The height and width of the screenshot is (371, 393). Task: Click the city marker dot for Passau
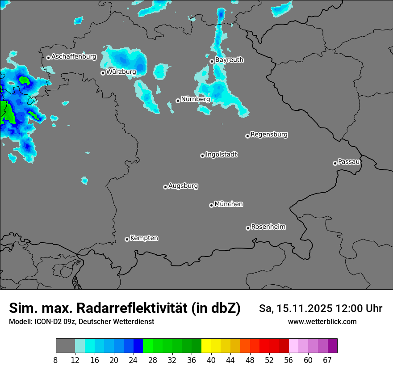(x=335, y=163)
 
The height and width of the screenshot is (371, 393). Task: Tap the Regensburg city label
(x=269, y=135)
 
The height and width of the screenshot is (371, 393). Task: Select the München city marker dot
(x=211, y=206)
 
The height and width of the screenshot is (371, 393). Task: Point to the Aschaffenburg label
(x=74, y=57)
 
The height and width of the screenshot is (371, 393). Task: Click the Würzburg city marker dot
(x=103, y=73)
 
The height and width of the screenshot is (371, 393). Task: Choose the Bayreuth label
(x=229, y=60)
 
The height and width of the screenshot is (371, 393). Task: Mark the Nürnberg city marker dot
(x=178, y=101)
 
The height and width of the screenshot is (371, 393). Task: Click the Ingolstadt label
(x=221, y=155)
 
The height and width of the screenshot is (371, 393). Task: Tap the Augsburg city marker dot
(x=165, y=187)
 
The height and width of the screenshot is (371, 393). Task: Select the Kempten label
(x=144, y=238)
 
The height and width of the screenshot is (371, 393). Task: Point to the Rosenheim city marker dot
(x=248, y=228)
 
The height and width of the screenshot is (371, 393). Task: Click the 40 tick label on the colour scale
(x=211, y=360)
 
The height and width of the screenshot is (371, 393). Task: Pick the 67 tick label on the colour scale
(x=327, y=360)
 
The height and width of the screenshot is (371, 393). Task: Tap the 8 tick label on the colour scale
(x=56, y=360)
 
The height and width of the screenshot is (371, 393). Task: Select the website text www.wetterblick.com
(x=322, y=322)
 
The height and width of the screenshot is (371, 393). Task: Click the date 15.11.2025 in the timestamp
(x=305, y=308)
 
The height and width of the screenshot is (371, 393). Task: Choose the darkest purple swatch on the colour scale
(x=332, y=346)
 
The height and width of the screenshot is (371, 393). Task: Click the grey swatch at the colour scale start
(x=65, y=346)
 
